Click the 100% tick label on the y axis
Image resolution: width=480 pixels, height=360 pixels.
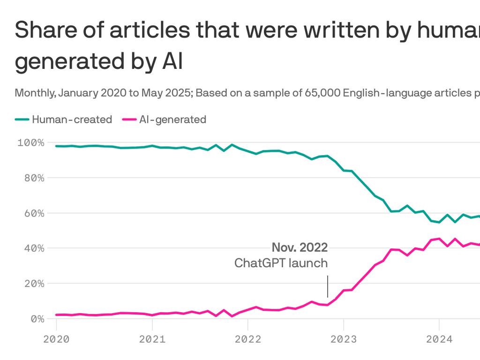[x=31, y=142]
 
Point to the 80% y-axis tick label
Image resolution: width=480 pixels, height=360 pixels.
[x=33, y=178]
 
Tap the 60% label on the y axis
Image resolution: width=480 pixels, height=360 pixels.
[x=33, y=213]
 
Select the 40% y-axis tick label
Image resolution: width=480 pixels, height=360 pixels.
[x=33, y=248]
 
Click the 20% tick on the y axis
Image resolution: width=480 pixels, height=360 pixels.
[x=33, y=284]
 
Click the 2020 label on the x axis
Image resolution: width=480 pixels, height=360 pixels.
[x=56, y=338]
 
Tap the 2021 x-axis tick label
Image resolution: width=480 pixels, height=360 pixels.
[x=152, y=338]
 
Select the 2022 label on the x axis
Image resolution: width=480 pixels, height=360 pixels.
[x=247, y=338]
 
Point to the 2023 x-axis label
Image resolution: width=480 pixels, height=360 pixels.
[x=343, y=338]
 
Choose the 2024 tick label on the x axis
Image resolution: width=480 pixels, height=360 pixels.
[x=439, y=338]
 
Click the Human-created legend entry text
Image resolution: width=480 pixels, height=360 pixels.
[x=72, y=120]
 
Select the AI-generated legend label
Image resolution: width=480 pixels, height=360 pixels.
[x=172, y=120]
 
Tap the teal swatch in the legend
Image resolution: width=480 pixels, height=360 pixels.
[x=22, y=120]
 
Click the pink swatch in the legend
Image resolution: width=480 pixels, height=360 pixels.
[x=129, y=120]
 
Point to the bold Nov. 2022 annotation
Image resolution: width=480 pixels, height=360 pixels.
[x=300, y=247]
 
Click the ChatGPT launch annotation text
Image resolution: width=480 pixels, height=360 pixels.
[x=281, y=263]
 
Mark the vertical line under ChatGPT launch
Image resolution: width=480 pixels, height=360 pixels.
[x=328, y=286]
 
